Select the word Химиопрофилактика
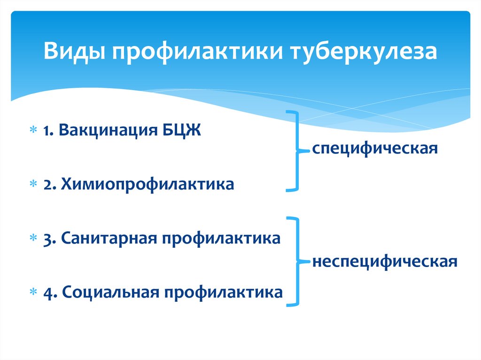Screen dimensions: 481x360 (x=146, y=184)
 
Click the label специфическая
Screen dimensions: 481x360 (x=375, y=150)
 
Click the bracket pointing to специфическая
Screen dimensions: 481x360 (x=295, y=151)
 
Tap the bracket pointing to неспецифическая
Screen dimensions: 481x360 (x=295, y=260)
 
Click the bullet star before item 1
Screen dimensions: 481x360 (x=33, y=130)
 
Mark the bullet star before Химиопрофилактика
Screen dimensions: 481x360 (x=33, y=184)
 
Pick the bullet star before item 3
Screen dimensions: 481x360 (x=33, y=238)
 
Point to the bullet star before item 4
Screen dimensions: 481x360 (x=33, y=292)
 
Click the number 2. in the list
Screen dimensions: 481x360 (x=49, y=184)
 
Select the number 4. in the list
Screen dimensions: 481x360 (x=50, y=291)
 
